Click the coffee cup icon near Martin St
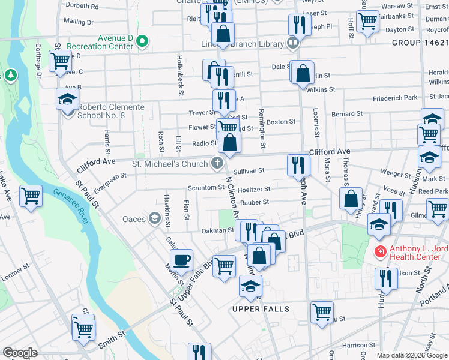point(181,260)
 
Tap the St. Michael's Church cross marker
point(215,163)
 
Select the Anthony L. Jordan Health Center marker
point(379,251)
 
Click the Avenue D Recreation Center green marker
point(142,42)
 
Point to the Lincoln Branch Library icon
point(292,43)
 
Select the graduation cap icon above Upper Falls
point(250,286)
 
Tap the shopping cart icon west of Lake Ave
point(31,195)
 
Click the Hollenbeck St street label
point(179,76)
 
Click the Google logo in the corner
point(20,353)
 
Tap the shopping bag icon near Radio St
point(229,142)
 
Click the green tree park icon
point(10,74)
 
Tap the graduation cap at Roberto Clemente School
point(68,98)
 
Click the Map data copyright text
point(411,355)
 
